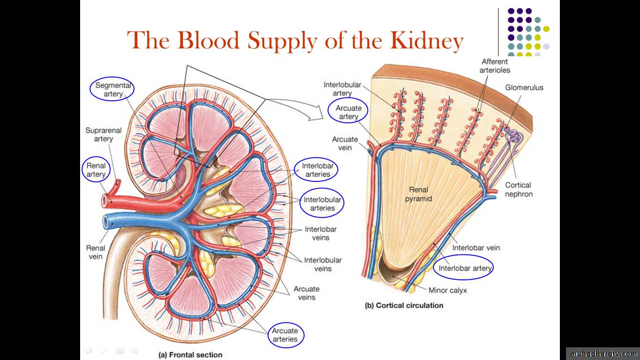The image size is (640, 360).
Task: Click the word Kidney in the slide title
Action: [x=427, y=40]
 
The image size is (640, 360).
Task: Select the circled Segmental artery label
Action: [x=112, y=90]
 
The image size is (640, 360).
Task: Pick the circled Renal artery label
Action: [x=96, y=170]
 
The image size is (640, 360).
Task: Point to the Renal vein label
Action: [x=95, y=252]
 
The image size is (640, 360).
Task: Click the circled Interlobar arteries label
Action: [x=316, y=170]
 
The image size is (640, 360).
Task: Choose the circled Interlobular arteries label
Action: [x=322, y=203]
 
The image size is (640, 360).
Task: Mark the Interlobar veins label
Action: [x=320, y=233]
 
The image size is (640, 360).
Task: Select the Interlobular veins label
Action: [x=323, y=264]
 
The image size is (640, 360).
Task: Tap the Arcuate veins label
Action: [x=306, y=293]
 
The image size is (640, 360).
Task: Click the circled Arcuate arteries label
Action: [x=285, y=335]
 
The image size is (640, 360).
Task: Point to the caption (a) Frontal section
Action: [x=191, y=355]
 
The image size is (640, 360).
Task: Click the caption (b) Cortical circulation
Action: [x=404, y=306]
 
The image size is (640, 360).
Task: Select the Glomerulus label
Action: [x=524, y=88]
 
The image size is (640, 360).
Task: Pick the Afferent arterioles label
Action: [x=495, y=66]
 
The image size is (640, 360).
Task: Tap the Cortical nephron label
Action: [x=518, y=189]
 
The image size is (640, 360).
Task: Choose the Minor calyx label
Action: [x=447, y=290]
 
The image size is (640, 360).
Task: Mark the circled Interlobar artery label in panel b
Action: [x=464, y=268]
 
